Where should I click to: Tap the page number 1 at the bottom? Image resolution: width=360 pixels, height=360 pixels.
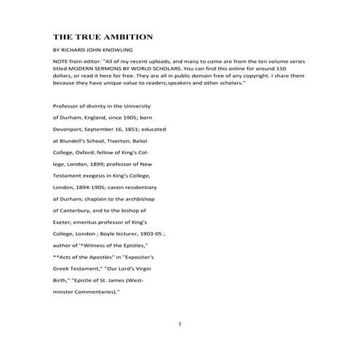coord(180,324)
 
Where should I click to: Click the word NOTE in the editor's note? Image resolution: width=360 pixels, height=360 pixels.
coord(61,60)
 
